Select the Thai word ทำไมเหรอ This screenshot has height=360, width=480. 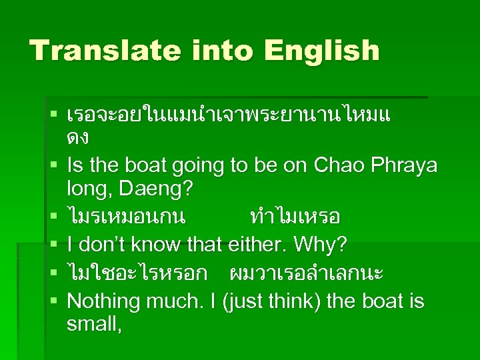295,217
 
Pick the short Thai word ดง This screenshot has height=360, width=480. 78,139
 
